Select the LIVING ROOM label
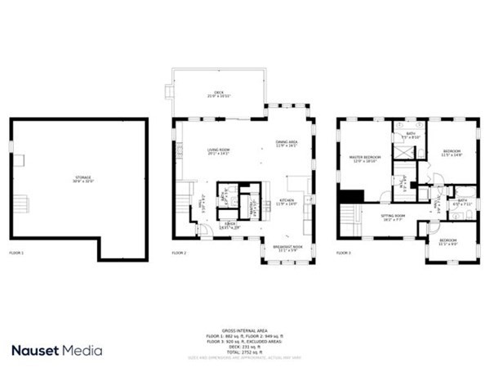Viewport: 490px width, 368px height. tap(218, 151)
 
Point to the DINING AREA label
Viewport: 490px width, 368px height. tap(287, 144)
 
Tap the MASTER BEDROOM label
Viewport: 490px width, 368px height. tap(366, 159)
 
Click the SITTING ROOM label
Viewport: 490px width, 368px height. tap(393, 217)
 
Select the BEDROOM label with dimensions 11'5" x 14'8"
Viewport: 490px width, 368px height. tap(452, 153)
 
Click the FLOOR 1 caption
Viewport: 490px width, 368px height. tap(17, 254)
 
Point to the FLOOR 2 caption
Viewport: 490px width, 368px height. tap(180, 254)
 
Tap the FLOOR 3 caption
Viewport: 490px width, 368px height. tap(344, 254)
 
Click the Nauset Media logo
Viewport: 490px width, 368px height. tap(57, 350)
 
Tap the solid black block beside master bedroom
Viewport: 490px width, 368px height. tap(350, 198)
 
